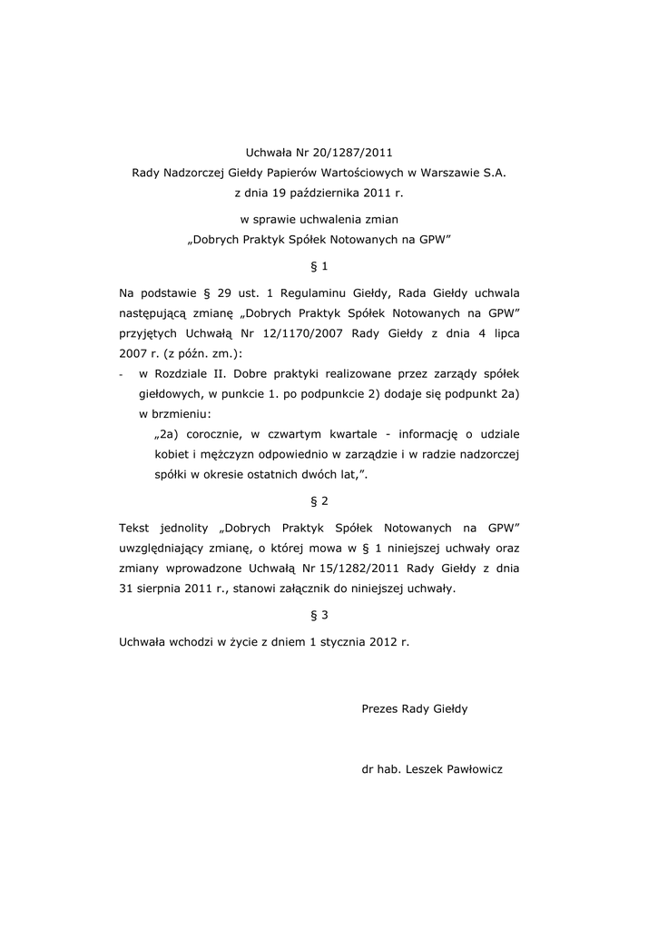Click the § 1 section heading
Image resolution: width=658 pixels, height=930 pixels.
tap(319, 266)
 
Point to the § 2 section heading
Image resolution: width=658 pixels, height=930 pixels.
tap(319, 500)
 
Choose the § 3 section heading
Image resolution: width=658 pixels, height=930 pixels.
tap(319, 615)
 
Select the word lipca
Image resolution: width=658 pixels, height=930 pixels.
tap(502, 332)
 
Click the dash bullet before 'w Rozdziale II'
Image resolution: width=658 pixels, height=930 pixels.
tap(122, 373)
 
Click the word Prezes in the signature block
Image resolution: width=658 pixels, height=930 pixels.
tap(379, 708)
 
